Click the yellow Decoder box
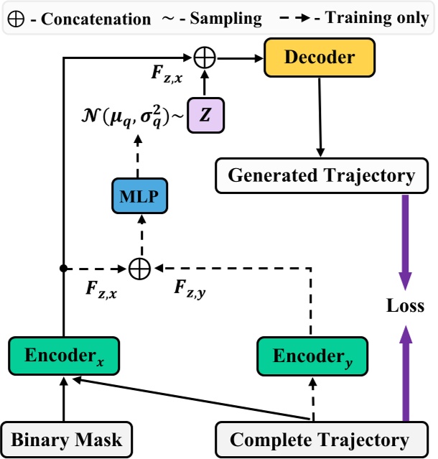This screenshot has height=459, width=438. point(321,57)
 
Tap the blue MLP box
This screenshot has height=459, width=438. point(139,195)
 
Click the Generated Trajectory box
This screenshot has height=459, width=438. point(321,175)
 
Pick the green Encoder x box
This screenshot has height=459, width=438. point(63,355)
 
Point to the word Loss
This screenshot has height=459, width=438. point(405,307)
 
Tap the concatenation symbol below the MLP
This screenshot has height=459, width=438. point(139,269)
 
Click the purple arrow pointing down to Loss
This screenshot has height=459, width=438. point(405,241)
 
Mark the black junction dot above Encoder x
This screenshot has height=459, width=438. point(64,269)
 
